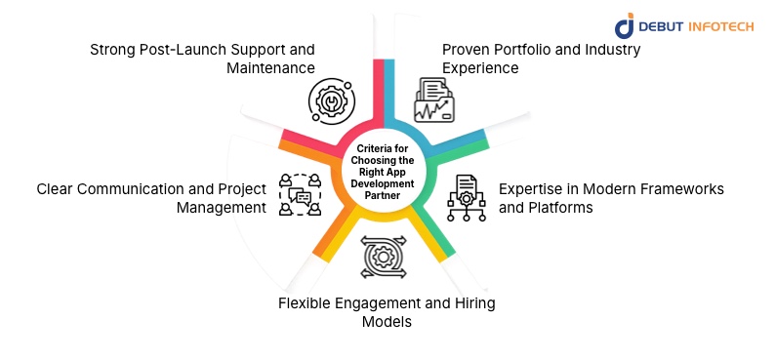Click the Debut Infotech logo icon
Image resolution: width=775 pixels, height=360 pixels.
tap(625, 26)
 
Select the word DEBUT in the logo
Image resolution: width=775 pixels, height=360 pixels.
tap(665, 27)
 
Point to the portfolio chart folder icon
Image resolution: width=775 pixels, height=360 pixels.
tap(432, 98)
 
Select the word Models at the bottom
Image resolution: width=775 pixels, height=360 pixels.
tap(388, 322)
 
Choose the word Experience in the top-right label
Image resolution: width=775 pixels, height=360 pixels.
tap(480, 68)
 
